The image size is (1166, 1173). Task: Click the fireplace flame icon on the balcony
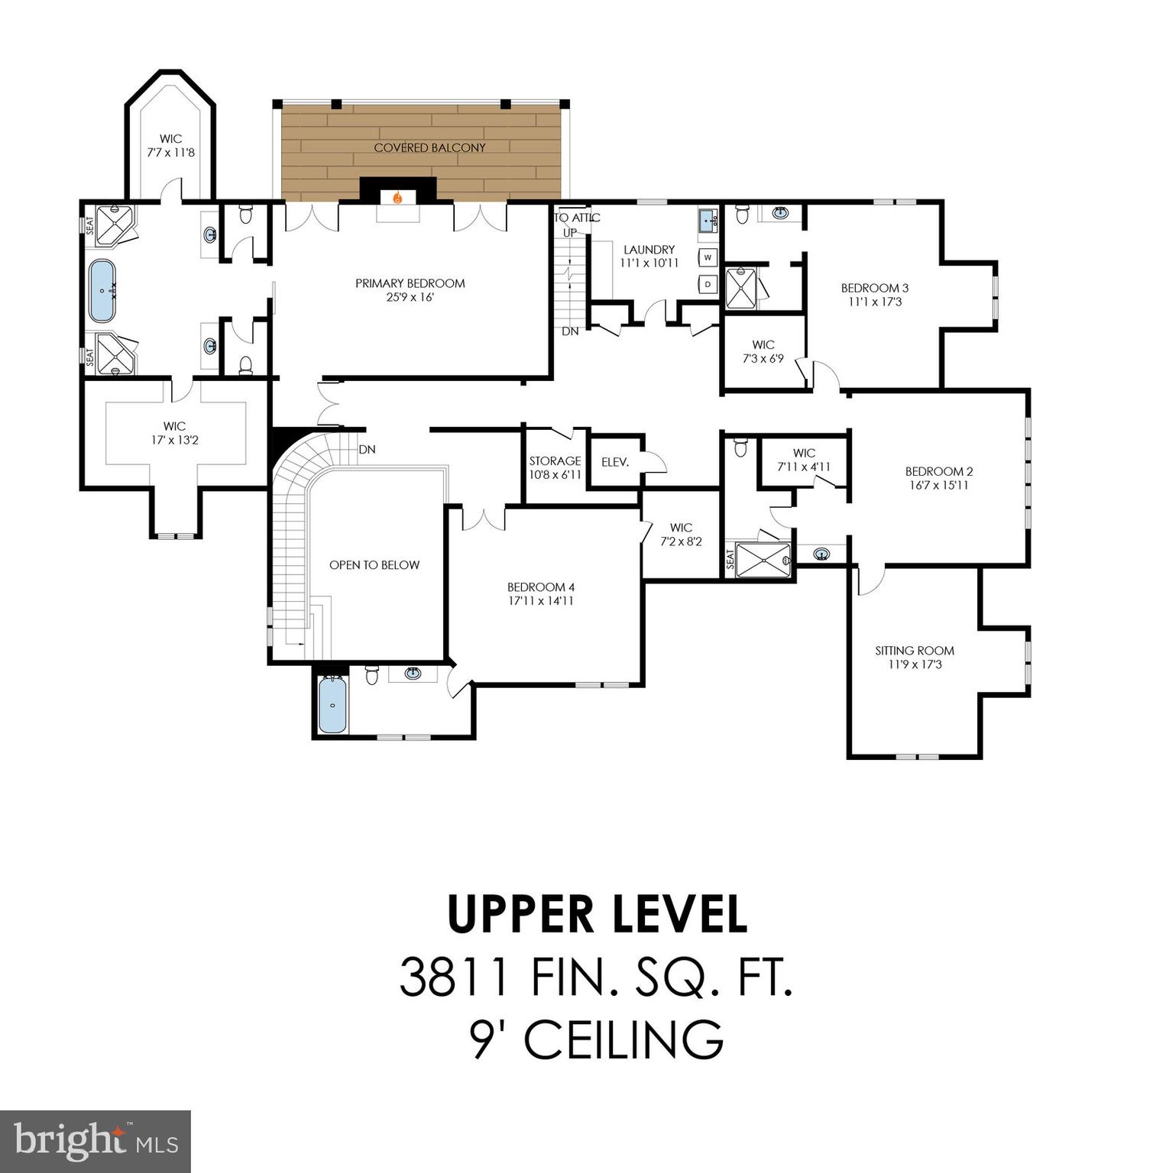(x=397, y=198)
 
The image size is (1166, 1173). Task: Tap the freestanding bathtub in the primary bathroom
(x=102, y=291)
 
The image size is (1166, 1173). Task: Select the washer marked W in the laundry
(x=708, y=257)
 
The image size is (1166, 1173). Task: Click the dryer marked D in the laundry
(x=708, y=284)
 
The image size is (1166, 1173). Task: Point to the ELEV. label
(x=615, y=462)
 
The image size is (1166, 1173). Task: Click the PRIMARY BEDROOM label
(x=410, y=283)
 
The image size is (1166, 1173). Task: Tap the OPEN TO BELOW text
(x=374, y=565)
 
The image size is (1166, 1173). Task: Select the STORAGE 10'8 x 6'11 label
(x=555, y=467)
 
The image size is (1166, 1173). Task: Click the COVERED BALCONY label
(x=429, y=147)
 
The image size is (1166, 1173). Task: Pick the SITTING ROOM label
(x=915, y=651)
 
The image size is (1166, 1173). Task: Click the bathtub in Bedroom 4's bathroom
(x=332, y=705)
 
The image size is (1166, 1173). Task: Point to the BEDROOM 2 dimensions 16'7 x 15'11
(x=939, y=485)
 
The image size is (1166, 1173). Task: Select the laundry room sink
(x=708, y=221)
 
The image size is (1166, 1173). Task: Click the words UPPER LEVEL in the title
(x=597, y=915)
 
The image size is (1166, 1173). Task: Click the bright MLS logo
(x=96, y=1141)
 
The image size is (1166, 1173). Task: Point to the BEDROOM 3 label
(x=875, y=288)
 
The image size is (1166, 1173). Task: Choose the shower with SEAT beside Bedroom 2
(x=763, y=561)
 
